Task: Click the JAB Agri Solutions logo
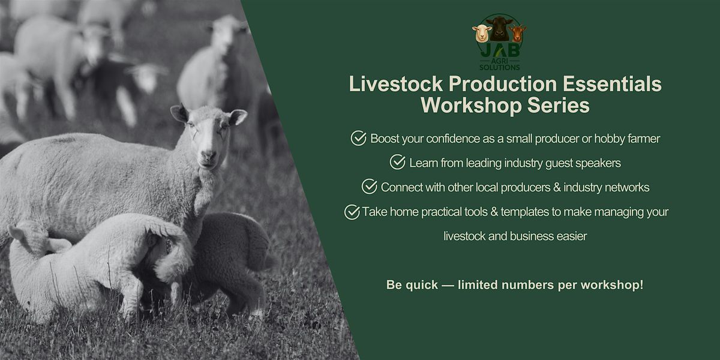(x=498, y=42)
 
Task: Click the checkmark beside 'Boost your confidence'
(x=358, y=139)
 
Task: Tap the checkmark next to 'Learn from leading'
(x=397, y=162)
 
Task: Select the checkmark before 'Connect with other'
(x=369, y=187)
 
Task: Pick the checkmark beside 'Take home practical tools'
(x=352, y=212)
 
